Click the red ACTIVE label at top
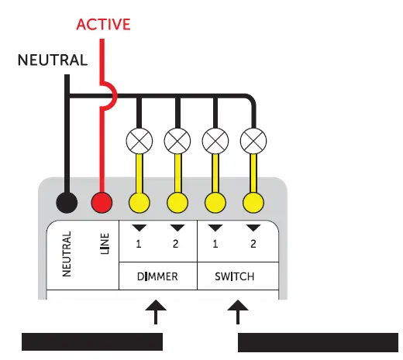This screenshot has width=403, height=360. point(102,24)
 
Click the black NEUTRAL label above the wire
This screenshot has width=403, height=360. point(53,60)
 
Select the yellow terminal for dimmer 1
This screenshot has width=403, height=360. point(139,203)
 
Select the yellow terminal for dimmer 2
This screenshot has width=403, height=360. point(177,203)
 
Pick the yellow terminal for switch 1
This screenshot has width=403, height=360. point(215,203)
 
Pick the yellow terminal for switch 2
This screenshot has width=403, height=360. point(253,203)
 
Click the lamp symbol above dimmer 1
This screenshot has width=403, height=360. point(139,141)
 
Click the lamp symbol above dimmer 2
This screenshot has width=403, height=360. point(177,141)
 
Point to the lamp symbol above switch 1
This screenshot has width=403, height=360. point(215,141)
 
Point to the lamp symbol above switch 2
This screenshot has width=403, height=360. point(253,141)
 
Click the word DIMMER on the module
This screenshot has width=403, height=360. point(158,276)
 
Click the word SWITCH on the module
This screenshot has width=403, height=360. point(233,276)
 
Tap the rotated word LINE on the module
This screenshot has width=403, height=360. point(105,242)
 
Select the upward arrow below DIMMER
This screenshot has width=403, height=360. point(157,314)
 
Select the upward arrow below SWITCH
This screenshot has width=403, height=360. point(239,314)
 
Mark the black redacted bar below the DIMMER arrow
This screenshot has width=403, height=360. point(91,342)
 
